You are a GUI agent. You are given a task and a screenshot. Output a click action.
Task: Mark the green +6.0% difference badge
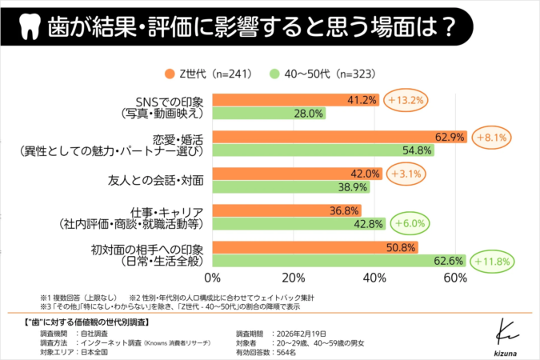click(407, 224)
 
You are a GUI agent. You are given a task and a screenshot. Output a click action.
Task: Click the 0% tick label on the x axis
click(214, 278)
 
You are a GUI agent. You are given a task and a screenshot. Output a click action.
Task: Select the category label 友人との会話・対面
click(155, 180)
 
